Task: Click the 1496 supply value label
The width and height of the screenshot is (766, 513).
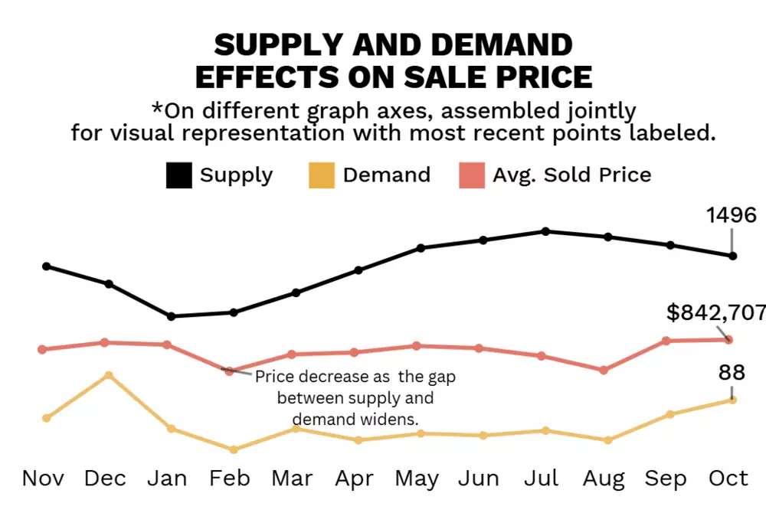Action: point(730,215)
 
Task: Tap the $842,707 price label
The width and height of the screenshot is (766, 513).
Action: point(715,312)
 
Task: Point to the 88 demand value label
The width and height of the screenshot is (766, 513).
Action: point(732,373)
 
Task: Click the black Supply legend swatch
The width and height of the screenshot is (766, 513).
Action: point(178,175)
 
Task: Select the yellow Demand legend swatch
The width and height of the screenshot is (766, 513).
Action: point(322,175)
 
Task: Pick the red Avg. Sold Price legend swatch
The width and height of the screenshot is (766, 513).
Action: point(471,175)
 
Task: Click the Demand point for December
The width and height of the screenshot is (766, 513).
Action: point(109,375)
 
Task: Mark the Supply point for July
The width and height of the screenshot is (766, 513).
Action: point(545,230)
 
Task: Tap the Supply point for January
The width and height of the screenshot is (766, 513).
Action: point(171,316)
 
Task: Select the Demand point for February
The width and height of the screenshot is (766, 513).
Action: point(233,449)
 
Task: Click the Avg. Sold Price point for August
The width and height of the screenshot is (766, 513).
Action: point(604,370)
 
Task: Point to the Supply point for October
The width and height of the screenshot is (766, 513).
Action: point(733,256)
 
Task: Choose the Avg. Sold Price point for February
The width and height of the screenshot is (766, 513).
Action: point(229,371)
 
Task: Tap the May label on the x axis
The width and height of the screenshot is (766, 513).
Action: point(417,479)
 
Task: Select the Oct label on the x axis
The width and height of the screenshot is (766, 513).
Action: point(728,479)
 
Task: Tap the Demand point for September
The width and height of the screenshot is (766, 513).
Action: point(670,414)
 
